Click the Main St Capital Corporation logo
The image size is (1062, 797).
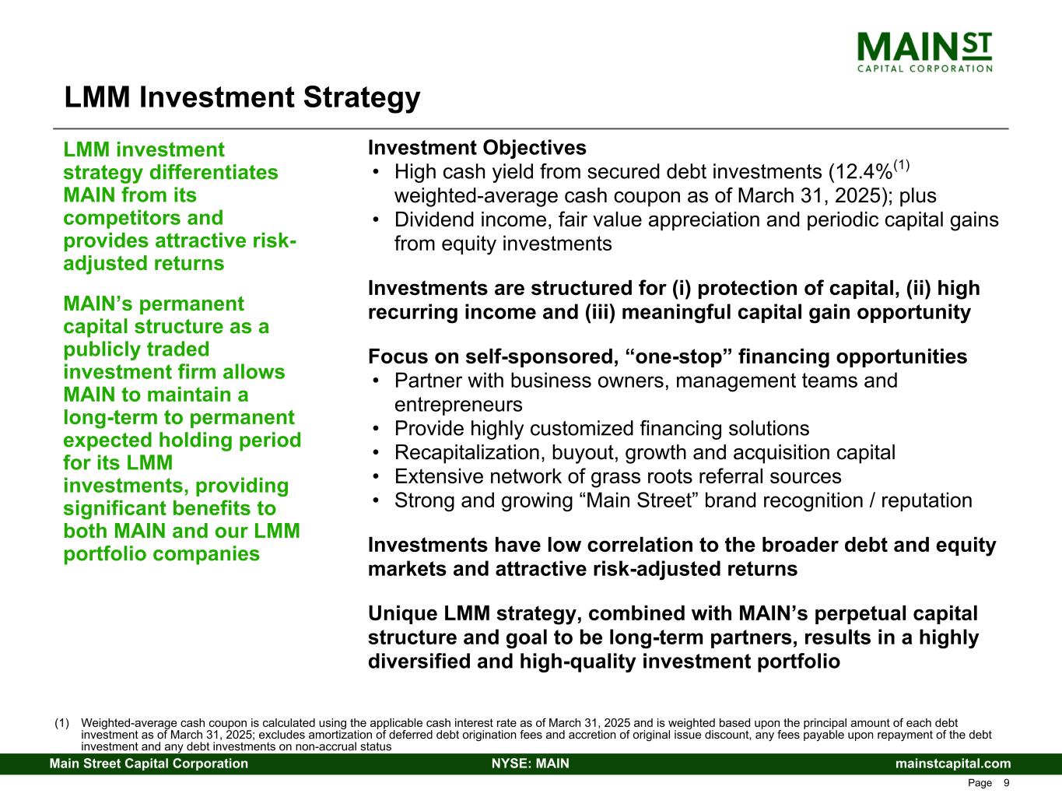tap(924, 52)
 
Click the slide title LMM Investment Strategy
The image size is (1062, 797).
tap(242, 97)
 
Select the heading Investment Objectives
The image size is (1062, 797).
tap(477, 148)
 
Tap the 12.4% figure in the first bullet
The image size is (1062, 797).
tap(865, 172)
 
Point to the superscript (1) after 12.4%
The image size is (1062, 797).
tap(902, 166)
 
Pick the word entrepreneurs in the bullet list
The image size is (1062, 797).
tap(458, 405)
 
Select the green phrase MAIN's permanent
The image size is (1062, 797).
tap(153, 304)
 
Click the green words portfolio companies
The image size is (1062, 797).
tap(162, 554)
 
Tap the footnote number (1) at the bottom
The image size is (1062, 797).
tap(61, 723)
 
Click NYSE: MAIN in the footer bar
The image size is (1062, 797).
tap(531, 764)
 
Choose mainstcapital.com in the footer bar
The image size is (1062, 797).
tap(953, 764)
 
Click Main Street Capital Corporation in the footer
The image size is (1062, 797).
tap(149, 764)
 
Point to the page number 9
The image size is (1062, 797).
tap(1006, 783)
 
